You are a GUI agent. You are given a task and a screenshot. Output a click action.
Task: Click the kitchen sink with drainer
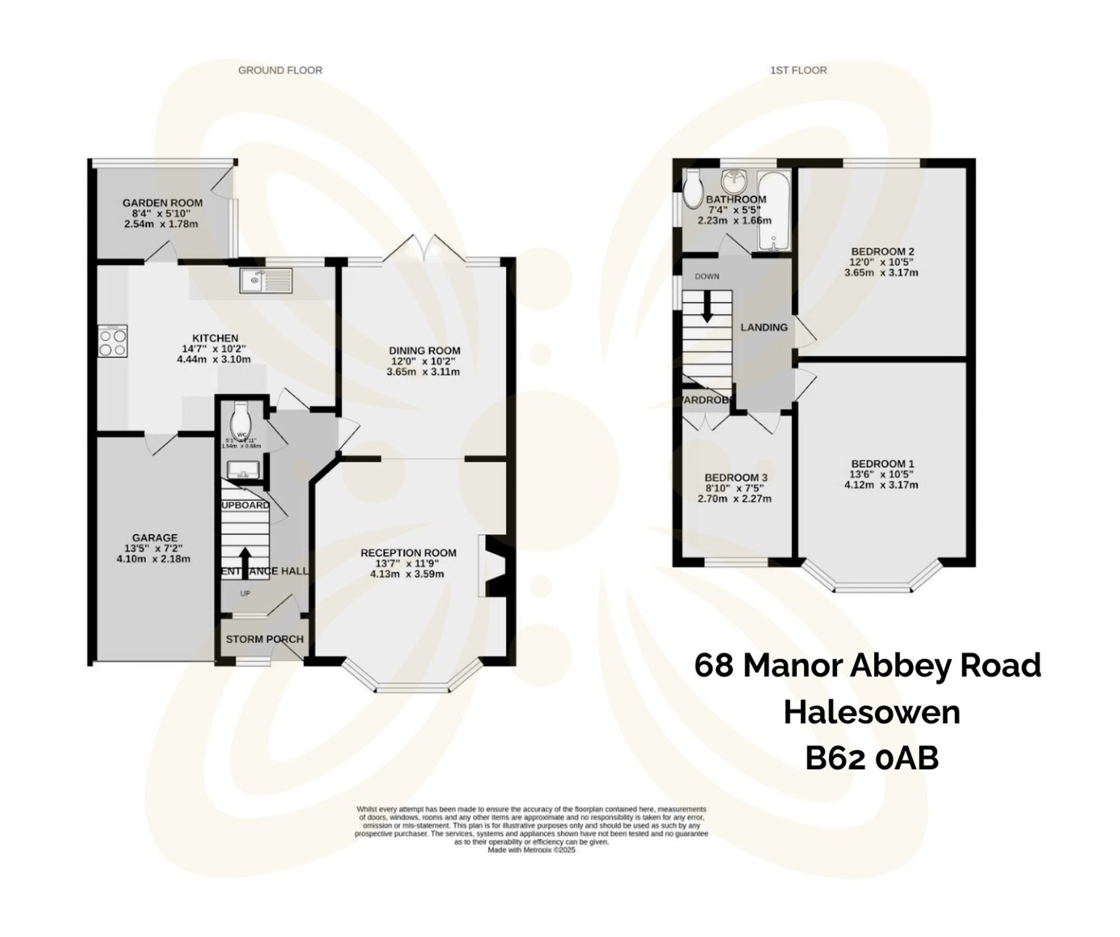pyautogui.click(x=266, y=281)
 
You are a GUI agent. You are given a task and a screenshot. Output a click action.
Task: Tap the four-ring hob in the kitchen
pyautogui.click(x=113, y=342)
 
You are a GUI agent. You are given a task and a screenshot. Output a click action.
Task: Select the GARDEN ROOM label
pyautogui.click(x=162, y=203)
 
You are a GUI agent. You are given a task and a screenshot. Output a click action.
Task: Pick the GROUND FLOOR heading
pyautogui.click(x=280, y=70)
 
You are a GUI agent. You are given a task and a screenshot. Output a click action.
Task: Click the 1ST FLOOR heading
pyautogui.click(x=799, y=70)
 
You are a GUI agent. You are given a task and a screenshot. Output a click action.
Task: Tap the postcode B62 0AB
pyautogui.click(x=871, y=759)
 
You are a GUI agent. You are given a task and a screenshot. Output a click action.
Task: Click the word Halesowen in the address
pyautogui.click(x=871, y=713)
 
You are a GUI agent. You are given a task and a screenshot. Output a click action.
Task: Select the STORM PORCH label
pyautogui.click(x=264, y=639)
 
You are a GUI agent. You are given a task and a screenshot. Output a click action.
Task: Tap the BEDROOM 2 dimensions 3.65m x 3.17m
pyautogui.click(x=882, y=273)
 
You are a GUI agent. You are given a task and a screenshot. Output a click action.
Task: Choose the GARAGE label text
pyautogui.click(x=155, y=538)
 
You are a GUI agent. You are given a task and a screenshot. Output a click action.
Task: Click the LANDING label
pyautogui.click(x=764, y=328)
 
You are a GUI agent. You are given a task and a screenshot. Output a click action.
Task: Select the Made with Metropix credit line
pyautogui.click(x=531, y=850)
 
